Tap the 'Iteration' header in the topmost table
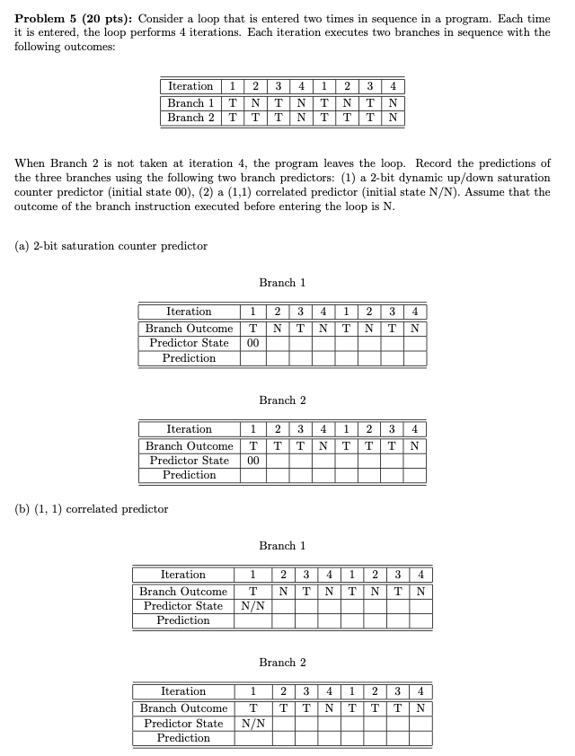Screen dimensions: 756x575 click(x=190, y=86)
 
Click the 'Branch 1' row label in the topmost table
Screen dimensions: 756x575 click(x=190, y=102)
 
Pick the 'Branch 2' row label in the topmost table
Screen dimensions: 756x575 click(x=190, y=118)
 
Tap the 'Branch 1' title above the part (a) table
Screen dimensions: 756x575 click(x=282, y=282)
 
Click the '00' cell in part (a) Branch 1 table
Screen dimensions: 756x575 click(x=252, y=343)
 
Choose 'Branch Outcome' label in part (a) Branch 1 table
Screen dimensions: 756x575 click(x=189, y=328)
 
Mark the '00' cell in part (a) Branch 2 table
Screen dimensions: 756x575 click(x=252, y=460)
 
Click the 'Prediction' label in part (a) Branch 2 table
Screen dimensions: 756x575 click(x=189, y=475)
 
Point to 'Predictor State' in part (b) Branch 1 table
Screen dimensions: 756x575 click(x=183, y=606)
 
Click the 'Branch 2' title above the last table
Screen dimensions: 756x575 click(x=282, y=662)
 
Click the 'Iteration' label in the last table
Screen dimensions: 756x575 click(x=183, y=691)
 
